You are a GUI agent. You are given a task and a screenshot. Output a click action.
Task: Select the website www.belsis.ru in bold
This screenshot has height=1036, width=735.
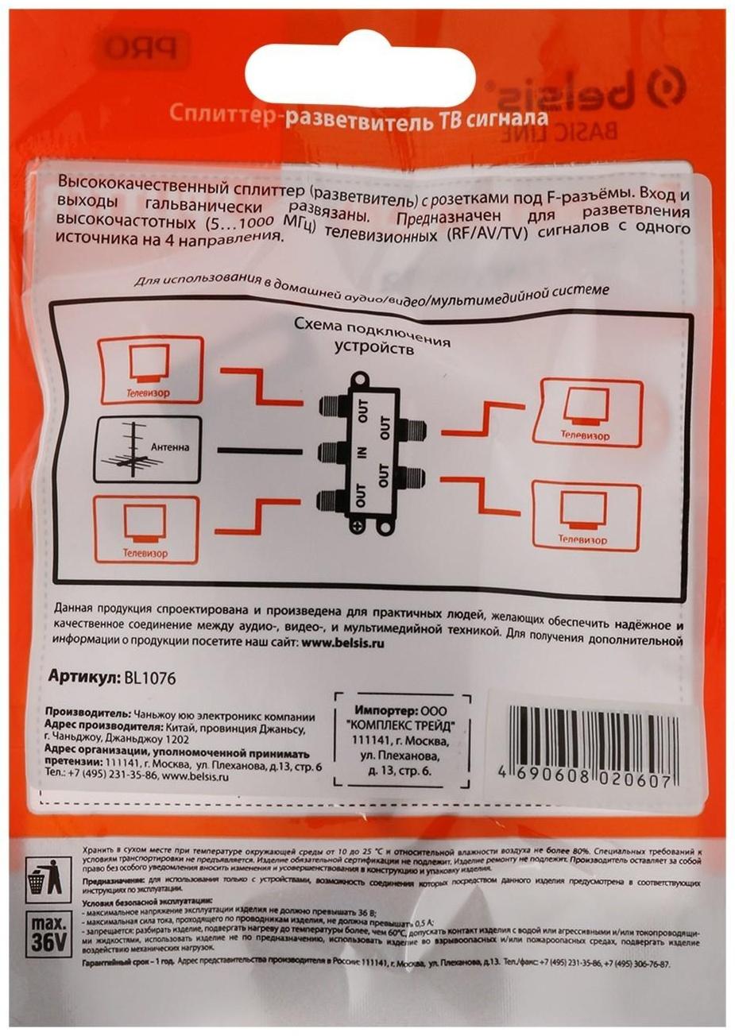(x=342, y=644)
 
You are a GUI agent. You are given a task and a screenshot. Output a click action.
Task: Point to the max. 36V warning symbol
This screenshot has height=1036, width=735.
(x=48, y=936)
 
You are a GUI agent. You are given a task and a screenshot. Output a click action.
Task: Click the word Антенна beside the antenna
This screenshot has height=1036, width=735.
(x=170, y=447)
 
